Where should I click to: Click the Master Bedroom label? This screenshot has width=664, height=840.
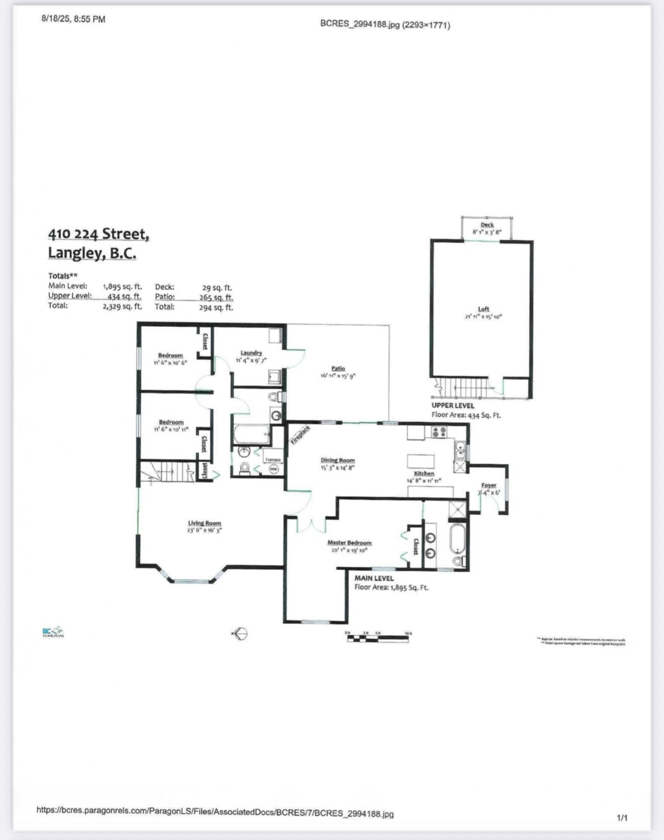pos(349,542)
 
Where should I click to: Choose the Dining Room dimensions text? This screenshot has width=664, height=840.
pos(337,466)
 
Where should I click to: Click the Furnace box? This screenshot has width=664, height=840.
pos(273,459)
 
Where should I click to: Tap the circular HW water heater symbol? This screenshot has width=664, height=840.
pos(273,469)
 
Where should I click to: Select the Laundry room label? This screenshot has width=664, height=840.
pos(250,353)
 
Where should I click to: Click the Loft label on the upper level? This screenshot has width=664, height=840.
pos(483,309)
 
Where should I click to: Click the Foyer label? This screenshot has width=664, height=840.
pos(488,485)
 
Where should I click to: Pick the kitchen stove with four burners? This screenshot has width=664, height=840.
pos(439,432)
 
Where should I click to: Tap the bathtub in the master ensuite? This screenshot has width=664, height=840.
pos(457,539)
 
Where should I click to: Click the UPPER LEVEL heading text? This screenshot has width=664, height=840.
pos(452,405)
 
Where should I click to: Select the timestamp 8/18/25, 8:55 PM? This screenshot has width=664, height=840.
pos(74,20)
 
